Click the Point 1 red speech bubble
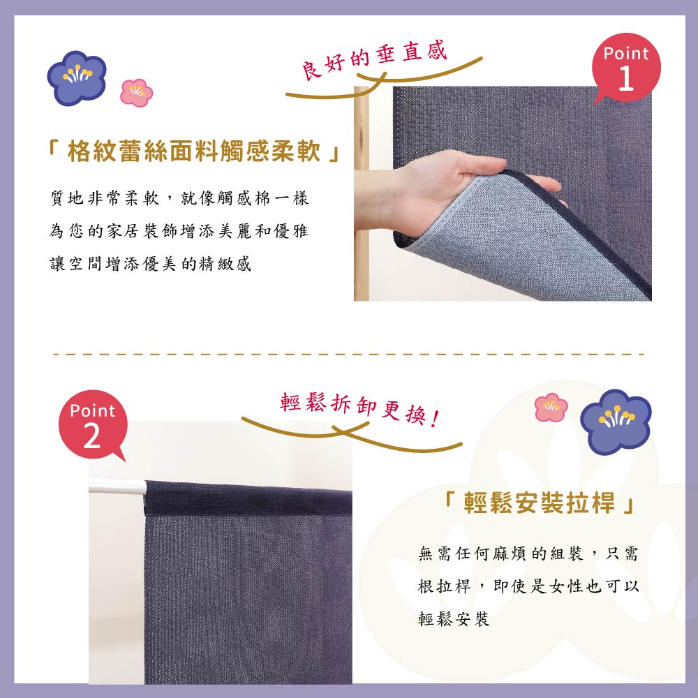[626, 68]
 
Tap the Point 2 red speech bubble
[93, 424]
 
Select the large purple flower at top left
[77, 77]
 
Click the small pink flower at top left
[137, 93]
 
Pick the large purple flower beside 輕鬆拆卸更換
[616, 422]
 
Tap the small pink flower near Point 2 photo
[551, 407]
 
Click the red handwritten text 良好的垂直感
[374, 61]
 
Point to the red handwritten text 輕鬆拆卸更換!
[359, 408]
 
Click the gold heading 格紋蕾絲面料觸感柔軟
[194, 151]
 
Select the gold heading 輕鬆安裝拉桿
[540, 503]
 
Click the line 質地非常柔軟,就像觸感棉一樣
[179, 198]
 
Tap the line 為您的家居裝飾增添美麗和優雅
[179, 231]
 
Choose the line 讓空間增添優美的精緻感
[151, 264]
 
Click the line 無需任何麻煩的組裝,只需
[528, 554]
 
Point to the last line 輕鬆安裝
[454, 618]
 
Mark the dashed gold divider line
[348, 355]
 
